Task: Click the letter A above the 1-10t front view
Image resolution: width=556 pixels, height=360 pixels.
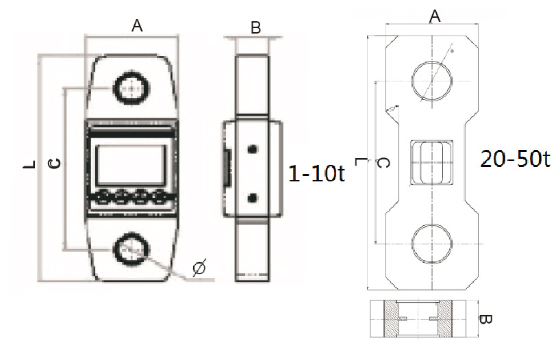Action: (137, 26)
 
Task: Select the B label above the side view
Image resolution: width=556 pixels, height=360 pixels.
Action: (256, 28)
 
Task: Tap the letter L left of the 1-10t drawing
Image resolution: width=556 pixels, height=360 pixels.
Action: (28, 165)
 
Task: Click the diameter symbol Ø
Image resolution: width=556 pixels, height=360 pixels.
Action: (199, 268)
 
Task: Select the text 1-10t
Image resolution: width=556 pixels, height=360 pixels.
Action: (316, 174)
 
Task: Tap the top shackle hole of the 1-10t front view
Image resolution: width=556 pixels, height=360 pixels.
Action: (129, 88)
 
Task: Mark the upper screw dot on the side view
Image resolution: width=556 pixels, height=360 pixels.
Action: (253, 150)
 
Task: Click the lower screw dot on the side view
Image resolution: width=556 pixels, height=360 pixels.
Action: (253, 197)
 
